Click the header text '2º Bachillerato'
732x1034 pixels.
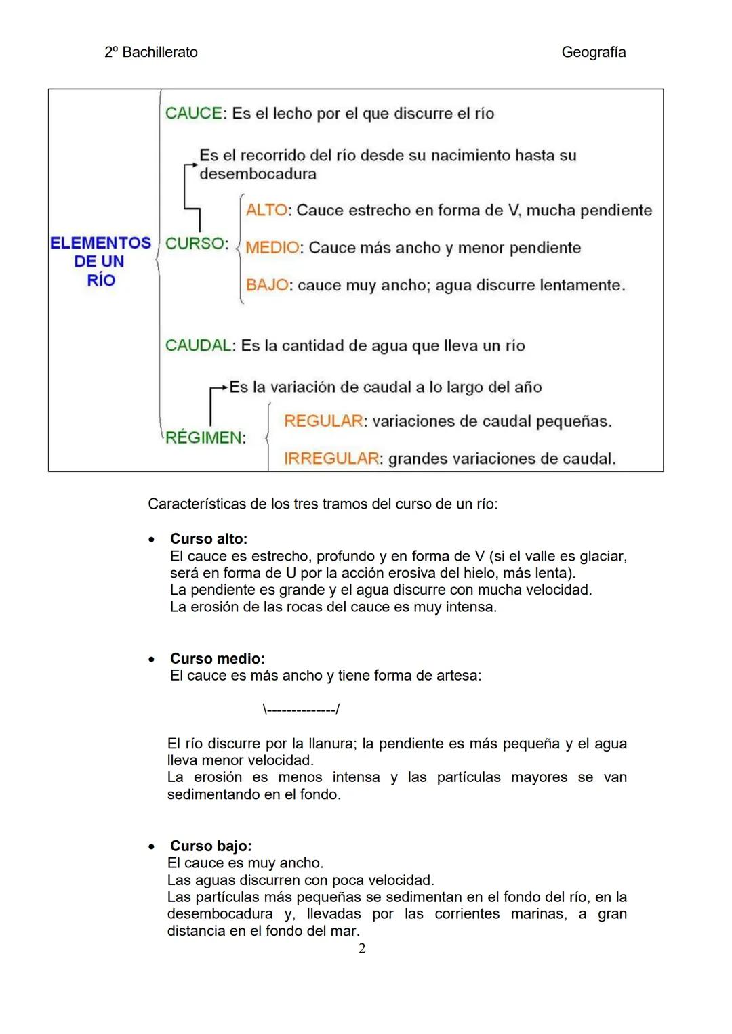[151, 52]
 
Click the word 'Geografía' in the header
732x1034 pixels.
[593, 52]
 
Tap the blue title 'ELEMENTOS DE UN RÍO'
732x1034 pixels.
[100, 261]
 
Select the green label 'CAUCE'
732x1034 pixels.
[193, 113]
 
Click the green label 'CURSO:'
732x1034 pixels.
[197, 243]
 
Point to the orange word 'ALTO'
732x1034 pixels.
[266, 210]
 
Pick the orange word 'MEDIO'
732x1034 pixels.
[272, 247]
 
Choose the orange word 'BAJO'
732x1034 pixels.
[267, 285]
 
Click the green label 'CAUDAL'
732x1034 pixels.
[199, 345]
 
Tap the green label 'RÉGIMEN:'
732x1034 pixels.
[205, 437]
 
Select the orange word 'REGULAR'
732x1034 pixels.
[323, 421]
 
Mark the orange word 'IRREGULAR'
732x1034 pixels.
[331, 458]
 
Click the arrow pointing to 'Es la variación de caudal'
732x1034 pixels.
[219, 389]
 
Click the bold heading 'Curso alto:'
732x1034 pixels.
[209, 539]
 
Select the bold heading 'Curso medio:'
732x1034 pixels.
[217, 659]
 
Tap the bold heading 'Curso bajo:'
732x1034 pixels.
[211, 846]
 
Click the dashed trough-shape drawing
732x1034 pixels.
[301, 710]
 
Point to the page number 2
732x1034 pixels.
[362, 949]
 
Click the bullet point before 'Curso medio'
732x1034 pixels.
[152, 659]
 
